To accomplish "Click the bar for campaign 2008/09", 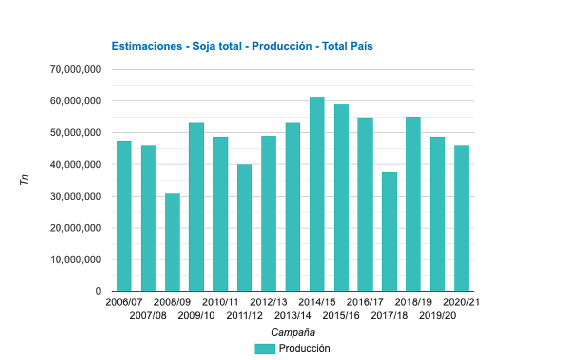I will pyautogui.click(x=172, y=242).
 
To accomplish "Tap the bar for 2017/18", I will pyautogui.click(x=389, y=232).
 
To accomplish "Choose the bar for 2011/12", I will pyautogui.click(x=244, y=228).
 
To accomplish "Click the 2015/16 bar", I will pyautogui.click(x=341, y=198).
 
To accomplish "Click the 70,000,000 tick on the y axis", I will pyautogui.click(x=76, y=70).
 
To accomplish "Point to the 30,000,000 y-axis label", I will pyautogui.click(x=76, y=197).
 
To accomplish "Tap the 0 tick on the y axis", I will pyautogui.click(x=98, y=291).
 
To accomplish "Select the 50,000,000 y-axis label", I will pyautogui.click(x=76, y=133).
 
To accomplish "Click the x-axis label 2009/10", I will pyautogui.click(x=196, y=316).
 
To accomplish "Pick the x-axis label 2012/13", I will pyautogui.click(x=269, y=302).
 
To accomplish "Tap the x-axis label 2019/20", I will pyautogui.click(x=437, y=316).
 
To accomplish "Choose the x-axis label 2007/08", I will pyautogui.click(x=148, y=316).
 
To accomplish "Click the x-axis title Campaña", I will pyautogui.click(x=292, y=333).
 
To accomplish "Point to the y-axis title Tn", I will pyautogui.click(x=25, y=180).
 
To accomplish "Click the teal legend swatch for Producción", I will pyautogui.click(x=264, y=349).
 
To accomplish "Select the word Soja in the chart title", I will pyautogui.click(x=204, y=46).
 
